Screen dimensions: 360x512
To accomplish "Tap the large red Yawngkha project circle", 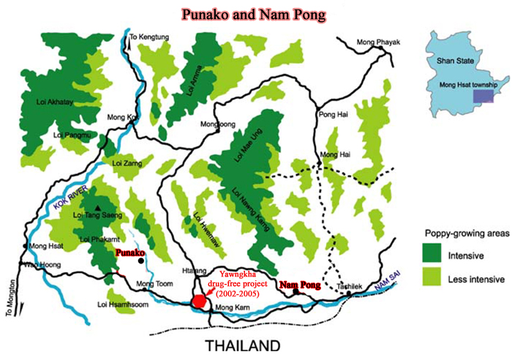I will tap(199, 301).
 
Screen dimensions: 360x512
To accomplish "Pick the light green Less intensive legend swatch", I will tap(438, 278).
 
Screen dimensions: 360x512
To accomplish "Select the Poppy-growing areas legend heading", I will tap(462, 233).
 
